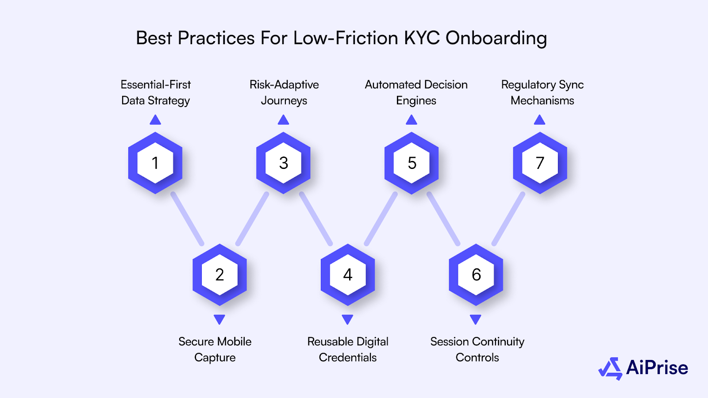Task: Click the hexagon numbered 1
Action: pyautogui.click(x=155, y=163)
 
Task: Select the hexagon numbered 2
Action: pyautogui.click(x=219, y=275)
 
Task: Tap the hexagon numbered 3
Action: pyautogui.click(x=284, y=163)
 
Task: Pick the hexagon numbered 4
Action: pyautogui.click(x=348, y=275)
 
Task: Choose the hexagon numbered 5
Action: pyautogui.click(x=412, y=163)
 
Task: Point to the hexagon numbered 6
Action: pyautogui.click(x=476, y=275)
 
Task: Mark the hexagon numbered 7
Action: pyautogui.click(x=540, y=163)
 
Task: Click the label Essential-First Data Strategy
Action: pyautogui.click(x=156, y=92)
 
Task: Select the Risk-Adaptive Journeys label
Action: pyautogui.click(x=284, y=92)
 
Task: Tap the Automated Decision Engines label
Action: pyautogui.click(x=416, y=92)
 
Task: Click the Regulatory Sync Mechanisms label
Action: pyautogui.click(x=543, y=92)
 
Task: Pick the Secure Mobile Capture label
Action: pyautogui.click(x=215, y=349)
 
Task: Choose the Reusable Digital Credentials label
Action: pyautogui.click(x=348, y=349)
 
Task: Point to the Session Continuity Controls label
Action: pyautogui.click(x=477, y=349)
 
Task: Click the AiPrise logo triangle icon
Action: pyautogui.click(x=611, y=368)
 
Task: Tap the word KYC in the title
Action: pyautogui.click(x=422, y=38)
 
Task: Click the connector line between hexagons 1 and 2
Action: pyautogui.click(x=188, y=219)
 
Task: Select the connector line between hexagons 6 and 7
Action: pyautogui.click(x=508, y=219)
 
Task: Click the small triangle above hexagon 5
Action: pyautogui.click(x=412, y=120)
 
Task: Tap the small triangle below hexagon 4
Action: pyautogui.click(x=348, y=319)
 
